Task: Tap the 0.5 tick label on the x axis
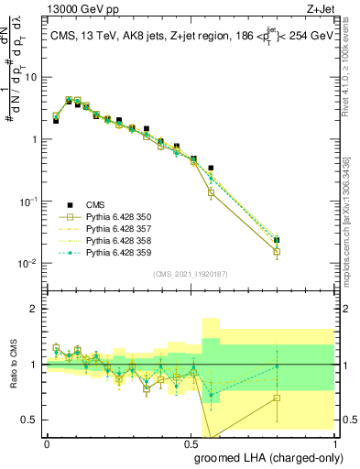pyautogui.click(x=190, y=442)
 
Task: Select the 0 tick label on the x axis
pyautogui.click(x=47, y=442)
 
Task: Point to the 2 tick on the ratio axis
pyautogui.click(x=37, y=309)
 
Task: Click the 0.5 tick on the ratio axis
pyautogui.click(x=33, y=420)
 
